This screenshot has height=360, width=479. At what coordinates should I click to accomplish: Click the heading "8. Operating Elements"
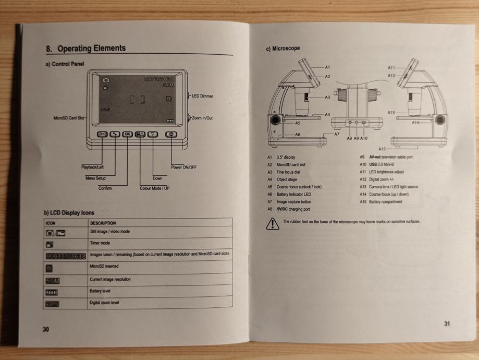click(85, 49)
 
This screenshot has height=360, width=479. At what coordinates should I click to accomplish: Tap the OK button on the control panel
click(128, 134)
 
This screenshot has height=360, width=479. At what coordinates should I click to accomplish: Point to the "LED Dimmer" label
click(203, 97)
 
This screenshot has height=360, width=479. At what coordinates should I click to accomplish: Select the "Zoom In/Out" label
click(203, 118)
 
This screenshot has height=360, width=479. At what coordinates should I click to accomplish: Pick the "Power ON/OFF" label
click(183, 167)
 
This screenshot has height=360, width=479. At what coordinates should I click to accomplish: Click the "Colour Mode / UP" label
click(155, 188)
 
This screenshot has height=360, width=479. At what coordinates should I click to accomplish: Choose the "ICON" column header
click(51, 223)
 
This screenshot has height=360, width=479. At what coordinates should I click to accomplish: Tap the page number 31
click(447, 323)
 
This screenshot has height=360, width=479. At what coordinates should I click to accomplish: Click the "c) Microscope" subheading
click(283, 49)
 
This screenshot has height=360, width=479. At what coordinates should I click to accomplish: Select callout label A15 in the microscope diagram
click(382, 149)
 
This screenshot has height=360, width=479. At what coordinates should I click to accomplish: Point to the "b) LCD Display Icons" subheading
click(69, 212)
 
